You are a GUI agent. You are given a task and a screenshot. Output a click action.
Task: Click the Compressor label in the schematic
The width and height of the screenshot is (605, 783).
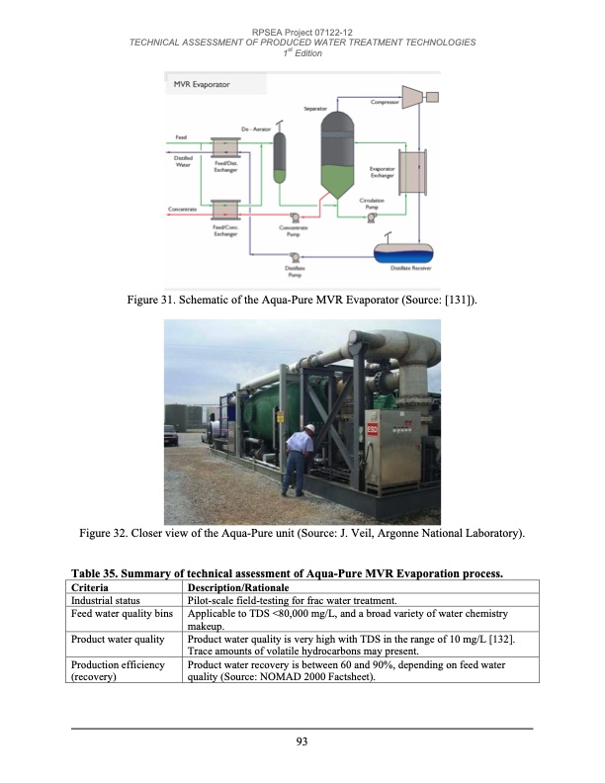[384, 102]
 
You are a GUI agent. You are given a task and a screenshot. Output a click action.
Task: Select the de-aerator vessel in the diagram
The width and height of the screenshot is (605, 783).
[280, 154]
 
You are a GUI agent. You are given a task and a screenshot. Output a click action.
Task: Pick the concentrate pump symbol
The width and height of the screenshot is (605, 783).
[293, 217]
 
